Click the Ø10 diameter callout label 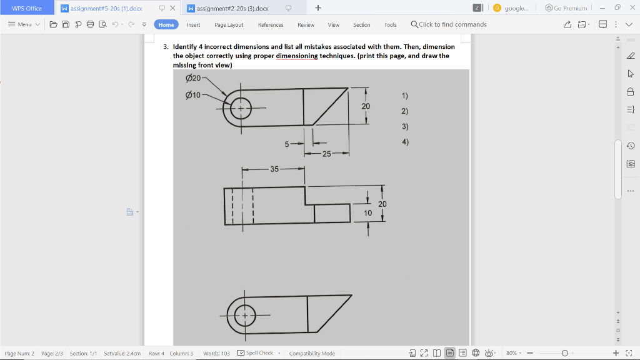(193, 95)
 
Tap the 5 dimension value (287, 144)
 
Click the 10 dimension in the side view (368, 213)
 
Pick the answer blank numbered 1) (405, 96)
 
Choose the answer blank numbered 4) (405, 142)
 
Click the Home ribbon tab (166, 25)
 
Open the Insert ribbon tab (194, 25)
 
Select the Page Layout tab (229, 25)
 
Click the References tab (271, 25)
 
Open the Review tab (306, 25)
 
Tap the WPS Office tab (27, 8)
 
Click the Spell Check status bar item (258, 353)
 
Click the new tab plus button (318, 8)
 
